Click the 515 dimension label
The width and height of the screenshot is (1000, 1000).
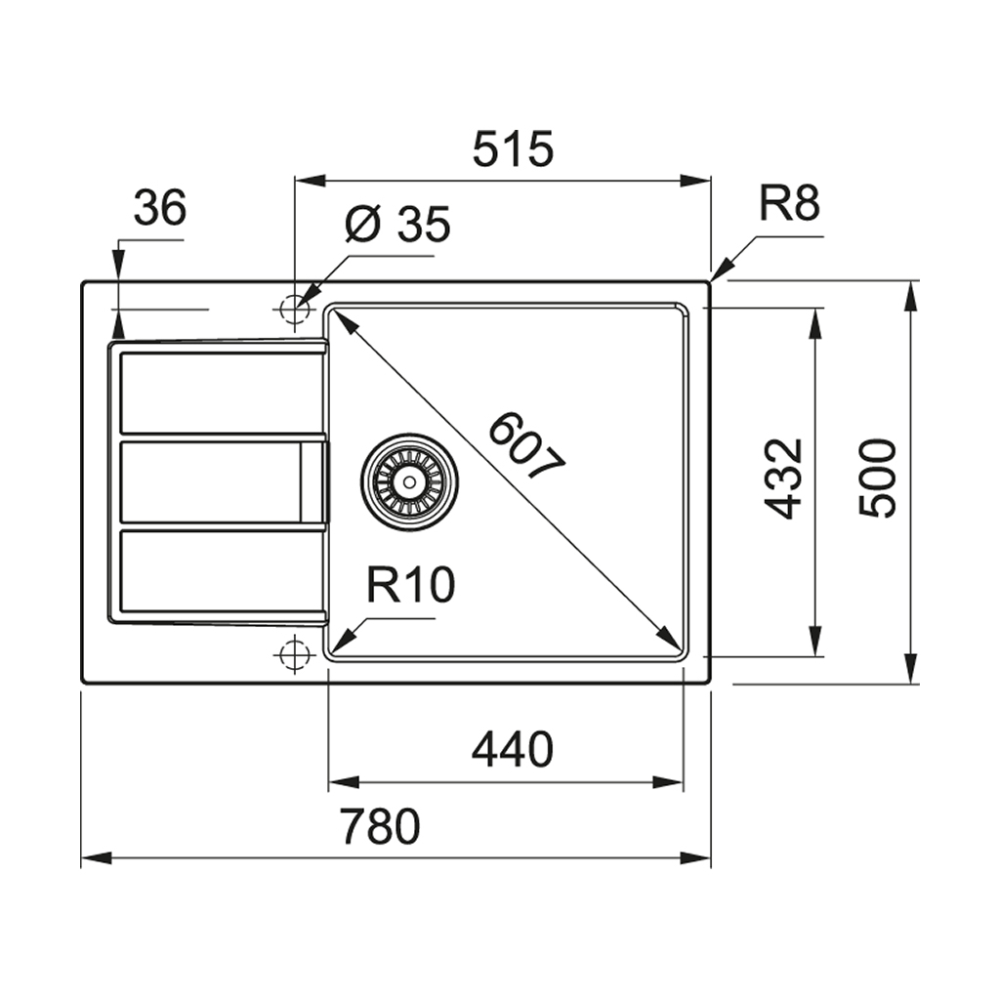click(x=513, y=148)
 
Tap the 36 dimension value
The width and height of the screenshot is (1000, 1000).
click(x=159, y=207)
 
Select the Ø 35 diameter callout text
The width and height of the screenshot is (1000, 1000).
click(x=397, y=226)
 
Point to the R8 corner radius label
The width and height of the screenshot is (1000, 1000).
click(x=789, y=204)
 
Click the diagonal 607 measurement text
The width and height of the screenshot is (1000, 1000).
click(x=527, y=447)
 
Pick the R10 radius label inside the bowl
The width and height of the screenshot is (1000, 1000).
click(x=410, y=586)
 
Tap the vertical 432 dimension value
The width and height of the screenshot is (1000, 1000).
click(x=784, y=479)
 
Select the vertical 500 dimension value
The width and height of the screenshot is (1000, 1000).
click(x=878, y=479)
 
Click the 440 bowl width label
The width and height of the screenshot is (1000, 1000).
click(x=512, y=749)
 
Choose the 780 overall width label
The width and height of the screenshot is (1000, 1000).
click(x=380, y=826)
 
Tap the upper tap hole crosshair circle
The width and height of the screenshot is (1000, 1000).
click(x=293, y=309)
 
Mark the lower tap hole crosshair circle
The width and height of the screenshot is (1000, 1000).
click(x=293, y=654)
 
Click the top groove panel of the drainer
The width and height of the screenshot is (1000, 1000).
click(x=222, y=392)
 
